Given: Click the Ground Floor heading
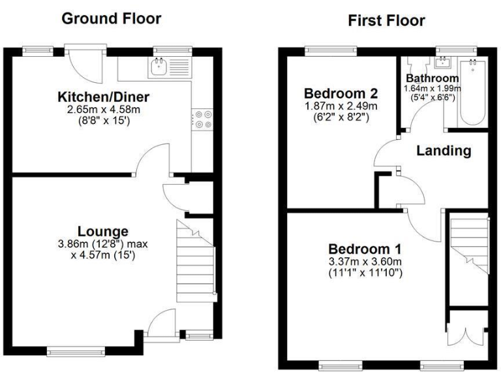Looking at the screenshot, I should pos(111,18).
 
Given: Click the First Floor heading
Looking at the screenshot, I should pos(386,20).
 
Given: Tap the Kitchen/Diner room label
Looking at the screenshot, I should pos(104,97).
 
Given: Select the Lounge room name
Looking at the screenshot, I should pos(103,231).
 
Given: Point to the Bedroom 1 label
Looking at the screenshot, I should pos(365,249).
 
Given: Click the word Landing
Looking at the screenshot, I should pos(444,151).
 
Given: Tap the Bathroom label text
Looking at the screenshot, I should pos(432,78).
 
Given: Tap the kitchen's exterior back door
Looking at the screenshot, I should pos(85,65).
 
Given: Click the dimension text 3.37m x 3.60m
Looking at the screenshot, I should pos(365,262).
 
